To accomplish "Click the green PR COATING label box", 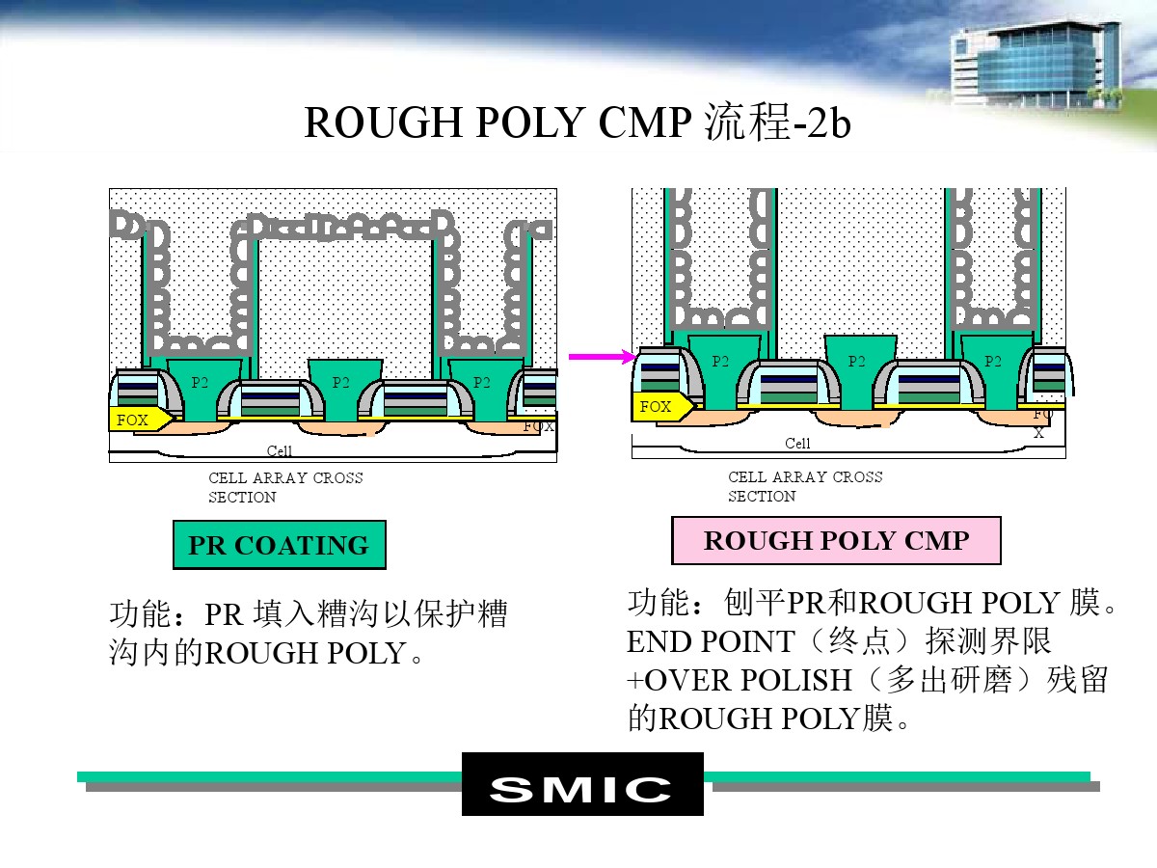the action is pyautogui.click(x=280, y=544).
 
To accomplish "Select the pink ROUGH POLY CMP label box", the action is pyautogui.click(x=836, y=540).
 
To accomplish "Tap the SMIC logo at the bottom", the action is pyautogui.click(x=582, y=784).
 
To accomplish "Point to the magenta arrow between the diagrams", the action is pyautogui.click(x=603, y=357).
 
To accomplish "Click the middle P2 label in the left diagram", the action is pyautogui.click(x=341, y=382).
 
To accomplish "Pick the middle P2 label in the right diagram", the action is pyautogui.click(x=856, y=361).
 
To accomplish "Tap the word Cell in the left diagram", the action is pyautogui.click(x=280, y=450).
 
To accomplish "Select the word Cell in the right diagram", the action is pyautogui.click(x=797, y=444).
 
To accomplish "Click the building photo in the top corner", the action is pyautogui.click(x=1035, y=65).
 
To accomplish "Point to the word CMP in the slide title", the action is pyautogui.click(x=645, y=122).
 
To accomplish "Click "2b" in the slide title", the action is pyautogui.click(x=828, y=122).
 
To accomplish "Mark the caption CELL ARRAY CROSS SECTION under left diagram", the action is pyautogui.click(x=285, y=487).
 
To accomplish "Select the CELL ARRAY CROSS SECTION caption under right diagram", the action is pyautogui.click(x=805, y=486).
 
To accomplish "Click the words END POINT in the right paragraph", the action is pyautogui.click(x=711, y=641).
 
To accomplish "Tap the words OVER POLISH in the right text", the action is pyautogui.click(x=748, y=680).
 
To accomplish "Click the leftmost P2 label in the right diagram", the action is pyautogui.click(x=720, y=361).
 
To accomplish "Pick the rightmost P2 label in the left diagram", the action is pyautogui.click(x=482, y=382).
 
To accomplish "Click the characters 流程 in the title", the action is pyautogui.click(x=747, y=122).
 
